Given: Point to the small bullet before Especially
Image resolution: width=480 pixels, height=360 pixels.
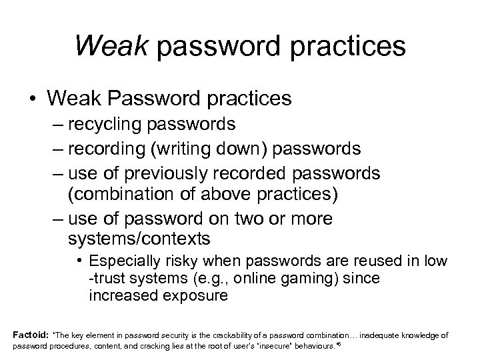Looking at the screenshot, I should (x=79, y=260).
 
